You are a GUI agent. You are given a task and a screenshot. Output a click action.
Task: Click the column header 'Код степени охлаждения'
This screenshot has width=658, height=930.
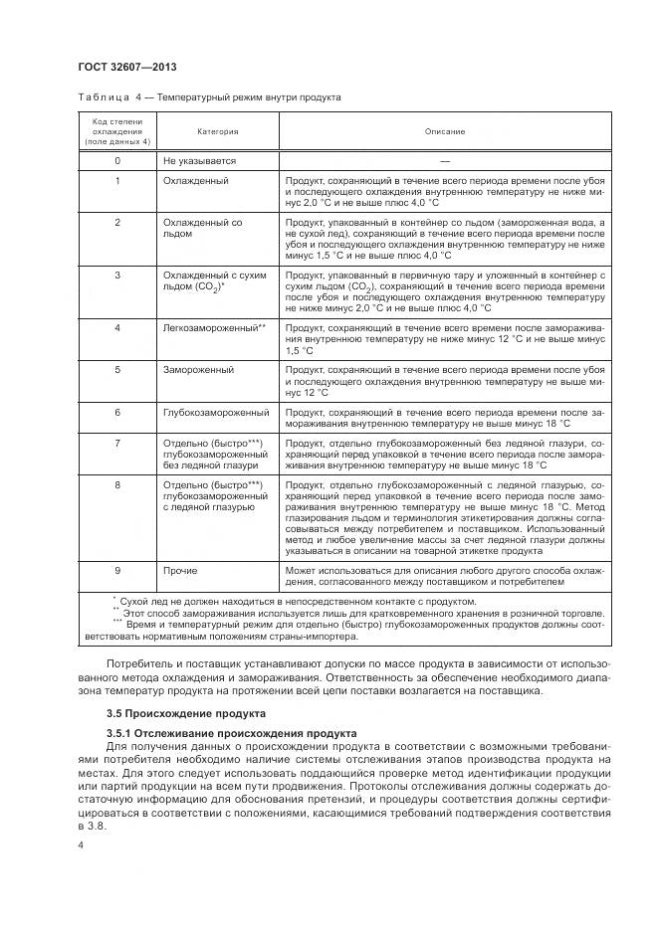pyautogui.click(x=117, y=131)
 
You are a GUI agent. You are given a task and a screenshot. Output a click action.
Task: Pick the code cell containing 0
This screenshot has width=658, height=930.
pyautogui.click(x=117, y=160)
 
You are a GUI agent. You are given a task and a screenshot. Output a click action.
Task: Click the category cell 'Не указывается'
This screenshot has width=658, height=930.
pyautogui.click(x=199, y=160)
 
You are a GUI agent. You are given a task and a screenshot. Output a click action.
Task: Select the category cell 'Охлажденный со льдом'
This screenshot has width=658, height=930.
pyautogui.click(x=203, y=228)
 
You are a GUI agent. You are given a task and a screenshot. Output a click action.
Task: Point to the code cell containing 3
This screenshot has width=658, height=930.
pyautogui.click(x=117, y=274)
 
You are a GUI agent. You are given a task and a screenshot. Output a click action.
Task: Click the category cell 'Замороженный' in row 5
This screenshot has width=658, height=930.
pyautogui.click(x=198, y=369)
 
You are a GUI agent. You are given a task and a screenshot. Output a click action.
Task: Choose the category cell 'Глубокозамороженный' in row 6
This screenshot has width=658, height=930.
pyautogui.click(x=216, y=411)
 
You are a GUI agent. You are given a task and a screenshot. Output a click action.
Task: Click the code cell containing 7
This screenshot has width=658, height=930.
pyautogui.click(x=117, y=442)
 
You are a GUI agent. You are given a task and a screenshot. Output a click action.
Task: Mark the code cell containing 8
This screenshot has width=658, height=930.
pyautogui.click(x=117, y=484)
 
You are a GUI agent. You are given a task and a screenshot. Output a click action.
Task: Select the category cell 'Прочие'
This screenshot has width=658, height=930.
pyautogui.click(x=180, y=571)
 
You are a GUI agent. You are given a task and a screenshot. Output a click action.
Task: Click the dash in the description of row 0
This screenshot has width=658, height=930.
pyautogui.click(x=444, y=160)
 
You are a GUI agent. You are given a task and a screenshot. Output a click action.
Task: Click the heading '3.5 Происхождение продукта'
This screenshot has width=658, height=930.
pyautogui.click(x=185, y=714)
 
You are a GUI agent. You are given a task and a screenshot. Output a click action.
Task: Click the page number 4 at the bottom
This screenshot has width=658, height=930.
pyautogui.click(x=81, y=844)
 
